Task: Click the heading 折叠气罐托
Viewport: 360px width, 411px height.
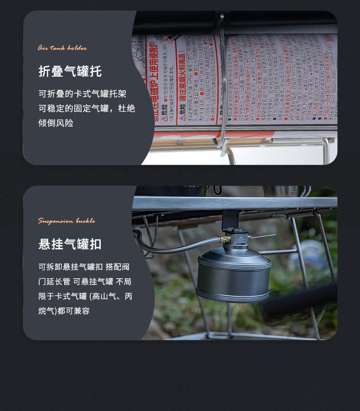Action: [x=70, y=72]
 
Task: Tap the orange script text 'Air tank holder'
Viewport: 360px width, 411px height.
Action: [x=62, y=48]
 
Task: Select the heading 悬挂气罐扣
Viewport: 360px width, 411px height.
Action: [x=70, y=244]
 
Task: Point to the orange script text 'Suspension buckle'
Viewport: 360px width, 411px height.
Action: [x=67, y=221]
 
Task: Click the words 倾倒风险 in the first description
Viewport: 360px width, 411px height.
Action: [x=56, y=123]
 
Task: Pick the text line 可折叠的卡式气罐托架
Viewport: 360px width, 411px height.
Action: [x=82, y=94]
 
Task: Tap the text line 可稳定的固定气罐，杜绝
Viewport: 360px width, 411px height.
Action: [x=87, y=109]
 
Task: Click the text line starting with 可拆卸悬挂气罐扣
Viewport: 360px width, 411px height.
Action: [x=85, y=267]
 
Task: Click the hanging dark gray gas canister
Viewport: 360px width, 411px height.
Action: [x=234, y=276]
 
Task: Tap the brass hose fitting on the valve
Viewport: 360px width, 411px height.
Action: [x=225, y=239]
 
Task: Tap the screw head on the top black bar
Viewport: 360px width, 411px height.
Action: [x=222, y=16]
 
